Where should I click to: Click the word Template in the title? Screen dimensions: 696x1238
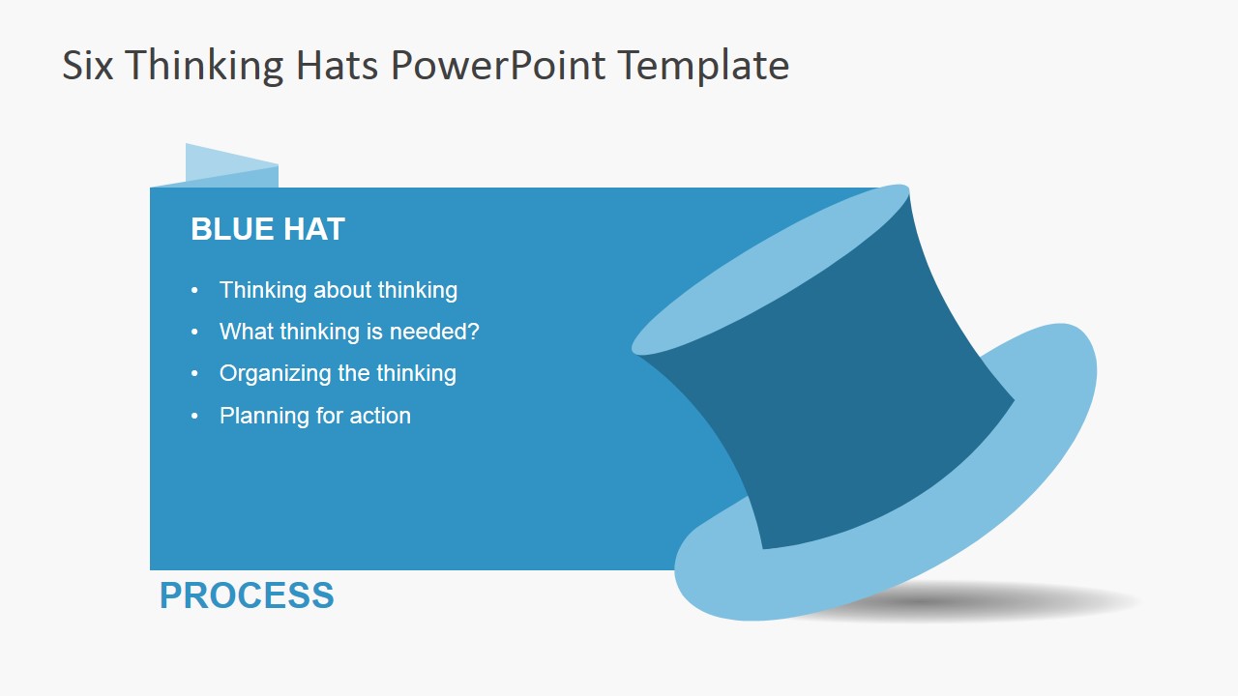point(703,66)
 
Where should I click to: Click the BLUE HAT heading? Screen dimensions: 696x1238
point(268,229)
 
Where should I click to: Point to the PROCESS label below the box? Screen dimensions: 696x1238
point(247,595)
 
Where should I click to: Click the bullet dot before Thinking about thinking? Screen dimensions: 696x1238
point(195,290)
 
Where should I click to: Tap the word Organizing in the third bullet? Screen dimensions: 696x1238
point(269,373)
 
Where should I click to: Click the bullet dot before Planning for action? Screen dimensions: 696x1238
point(195,416)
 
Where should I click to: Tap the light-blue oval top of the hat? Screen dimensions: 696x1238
point(771,270)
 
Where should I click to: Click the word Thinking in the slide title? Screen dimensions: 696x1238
point(202,66)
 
